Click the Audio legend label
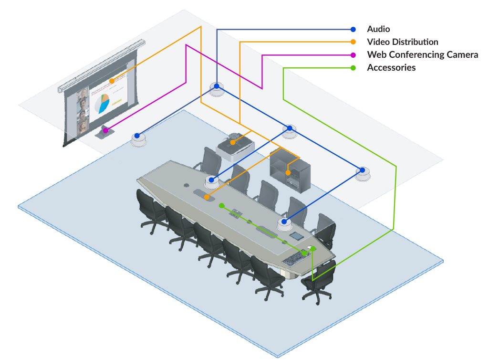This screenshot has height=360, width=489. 378,29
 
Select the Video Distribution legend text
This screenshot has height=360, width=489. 402,42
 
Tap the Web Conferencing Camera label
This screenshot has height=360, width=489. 422,55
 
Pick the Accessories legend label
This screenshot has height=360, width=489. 391,68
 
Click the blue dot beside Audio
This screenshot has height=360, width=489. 353,29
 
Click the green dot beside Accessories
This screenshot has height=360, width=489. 353,68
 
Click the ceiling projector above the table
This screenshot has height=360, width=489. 235,145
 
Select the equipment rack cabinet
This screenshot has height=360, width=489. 290,169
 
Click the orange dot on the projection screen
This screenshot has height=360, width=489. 112,81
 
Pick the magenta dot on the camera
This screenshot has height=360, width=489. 105,130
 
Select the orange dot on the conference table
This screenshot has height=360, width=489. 207,197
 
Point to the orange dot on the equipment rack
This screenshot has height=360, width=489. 288,172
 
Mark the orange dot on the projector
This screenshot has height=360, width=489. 233,142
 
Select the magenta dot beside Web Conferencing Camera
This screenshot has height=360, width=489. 353,55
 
